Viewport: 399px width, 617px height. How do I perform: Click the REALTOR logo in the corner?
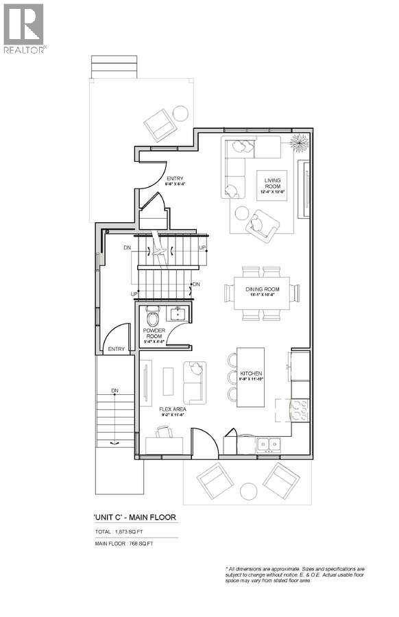pyautogui.click(x=24, y=28)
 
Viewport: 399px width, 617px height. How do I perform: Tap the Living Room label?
pyautogui.click(x=274, y=184)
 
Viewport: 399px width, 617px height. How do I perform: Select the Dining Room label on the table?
pyautogui.click(x=263, y=292)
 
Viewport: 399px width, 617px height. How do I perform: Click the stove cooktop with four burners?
pyautogui.click(x=300, y=411)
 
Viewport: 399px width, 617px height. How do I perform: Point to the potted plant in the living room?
pyautogui.click(x=300, y=143)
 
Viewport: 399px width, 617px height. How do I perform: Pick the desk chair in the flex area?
pyautogui.click(x=164, y=432)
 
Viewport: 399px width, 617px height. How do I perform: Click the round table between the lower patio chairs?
pyautogui.click(x=247, y=491)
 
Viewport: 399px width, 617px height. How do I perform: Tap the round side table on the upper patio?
pyautogui.click(x=180, y=113)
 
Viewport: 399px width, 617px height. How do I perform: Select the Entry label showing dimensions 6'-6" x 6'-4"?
pyautogui.click(x=176, y=182)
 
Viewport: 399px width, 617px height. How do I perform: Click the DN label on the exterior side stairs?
pyautogui.click(x=115, y=391)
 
